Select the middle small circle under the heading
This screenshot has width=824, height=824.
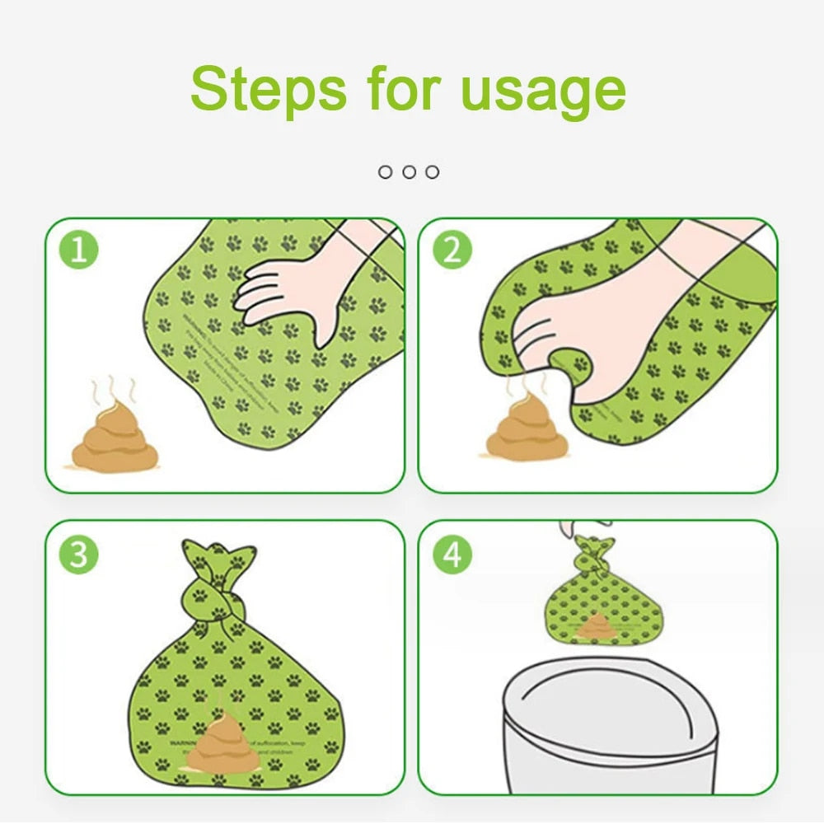pyautogui.click(x=409, y=171)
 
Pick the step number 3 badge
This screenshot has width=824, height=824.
pyautogui.click(x=79, y=555)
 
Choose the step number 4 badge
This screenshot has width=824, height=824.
pyautogui.click(x=452, y=555)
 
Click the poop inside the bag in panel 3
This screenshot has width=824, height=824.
pyautogui.click(x=222, y=746)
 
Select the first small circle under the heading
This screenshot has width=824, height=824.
pyautogui.click(x=385, y=171)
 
